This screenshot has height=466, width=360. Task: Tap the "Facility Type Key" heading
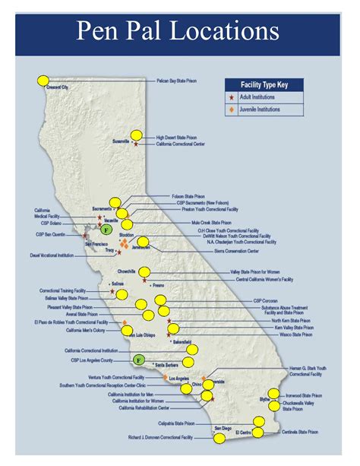260,85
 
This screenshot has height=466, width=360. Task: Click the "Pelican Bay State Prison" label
181,80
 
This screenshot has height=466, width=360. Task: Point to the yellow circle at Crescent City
43,81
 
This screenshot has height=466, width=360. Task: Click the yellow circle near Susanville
136,135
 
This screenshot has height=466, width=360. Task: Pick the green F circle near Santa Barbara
139,359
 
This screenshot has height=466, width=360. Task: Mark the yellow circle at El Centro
257,433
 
